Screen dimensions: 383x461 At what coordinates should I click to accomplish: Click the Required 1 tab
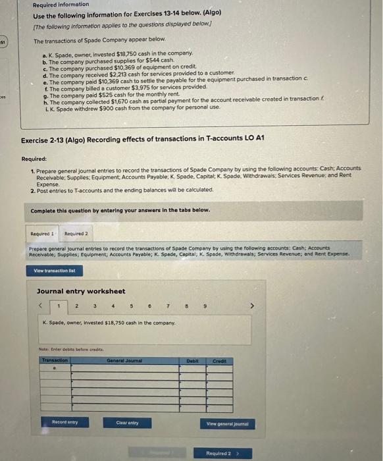(x=43, y=234)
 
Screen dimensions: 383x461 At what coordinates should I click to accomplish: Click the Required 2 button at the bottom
(x=220, y=453)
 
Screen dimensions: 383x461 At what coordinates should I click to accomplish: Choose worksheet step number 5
(x=132, y=305)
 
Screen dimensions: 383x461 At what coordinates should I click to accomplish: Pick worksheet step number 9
(x=205, y=305)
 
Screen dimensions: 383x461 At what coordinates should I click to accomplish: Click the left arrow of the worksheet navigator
(x=41, y=305)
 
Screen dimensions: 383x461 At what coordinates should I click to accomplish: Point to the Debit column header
(x=192, y=360)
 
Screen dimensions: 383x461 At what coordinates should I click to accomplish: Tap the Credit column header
(x=219, y=360)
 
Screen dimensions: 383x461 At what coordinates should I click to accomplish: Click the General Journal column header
(x=125, y=360)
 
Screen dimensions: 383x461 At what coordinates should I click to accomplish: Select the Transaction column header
(x=55, y=360)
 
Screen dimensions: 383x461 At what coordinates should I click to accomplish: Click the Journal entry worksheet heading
(x=81, y=291)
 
